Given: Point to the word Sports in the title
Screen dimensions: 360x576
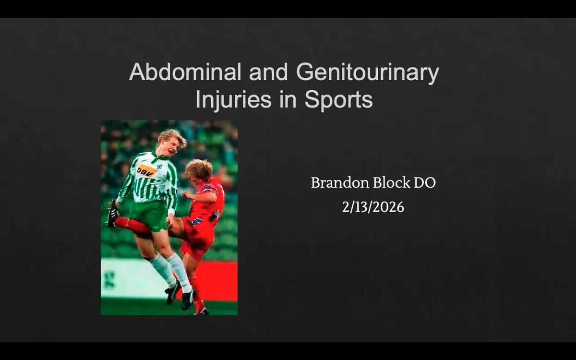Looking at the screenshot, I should tap(338, 99).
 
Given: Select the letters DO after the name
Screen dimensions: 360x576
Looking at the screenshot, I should tap(424, 183).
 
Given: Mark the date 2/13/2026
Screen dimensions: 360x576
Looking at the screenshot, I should tap(373, 207).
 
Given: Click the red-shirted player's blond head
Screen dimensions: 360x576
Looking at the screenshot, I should tap(199, 170).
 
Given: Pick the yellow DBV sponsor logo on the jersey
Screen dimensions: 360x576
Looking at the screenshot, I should tap(146, 170).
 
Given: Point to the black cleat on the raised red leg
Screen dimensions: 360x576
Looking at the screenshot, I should tap(112, 214).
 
